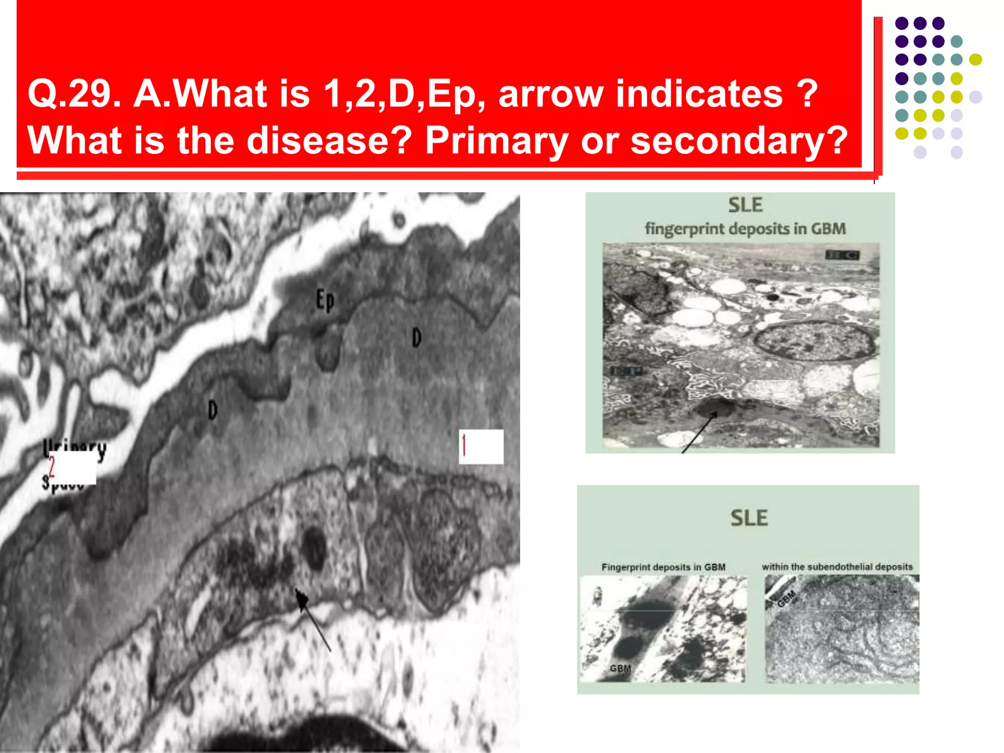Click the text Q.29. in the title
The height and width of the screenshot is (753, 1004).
pos(74,94)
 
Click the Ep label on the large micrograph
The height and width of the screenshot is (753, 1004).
pos(325,300)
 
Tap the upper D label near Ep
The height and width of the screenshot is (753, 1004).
pos(416,338)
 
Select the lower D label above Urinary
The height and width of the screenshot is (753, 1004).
pos(212,410)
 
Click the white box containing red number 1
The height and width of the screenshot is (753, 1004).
pos(481,447)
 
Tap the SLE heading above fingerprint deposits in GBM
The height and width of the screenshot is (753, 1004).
pos(745,205)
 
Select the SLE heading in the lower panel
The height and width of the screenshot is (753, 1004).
pos(749,518)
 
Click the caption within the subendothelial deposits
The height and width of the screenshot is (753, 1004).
pos(837,567)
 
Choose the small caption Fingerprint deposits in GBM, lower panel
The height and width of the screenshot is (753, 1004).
pos(663,567)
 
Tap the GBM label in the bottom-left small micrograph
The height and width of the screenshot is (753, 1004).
pos(620,668)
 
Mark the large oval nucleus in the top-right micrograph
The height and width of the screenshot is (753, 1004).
pos(814,341)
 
